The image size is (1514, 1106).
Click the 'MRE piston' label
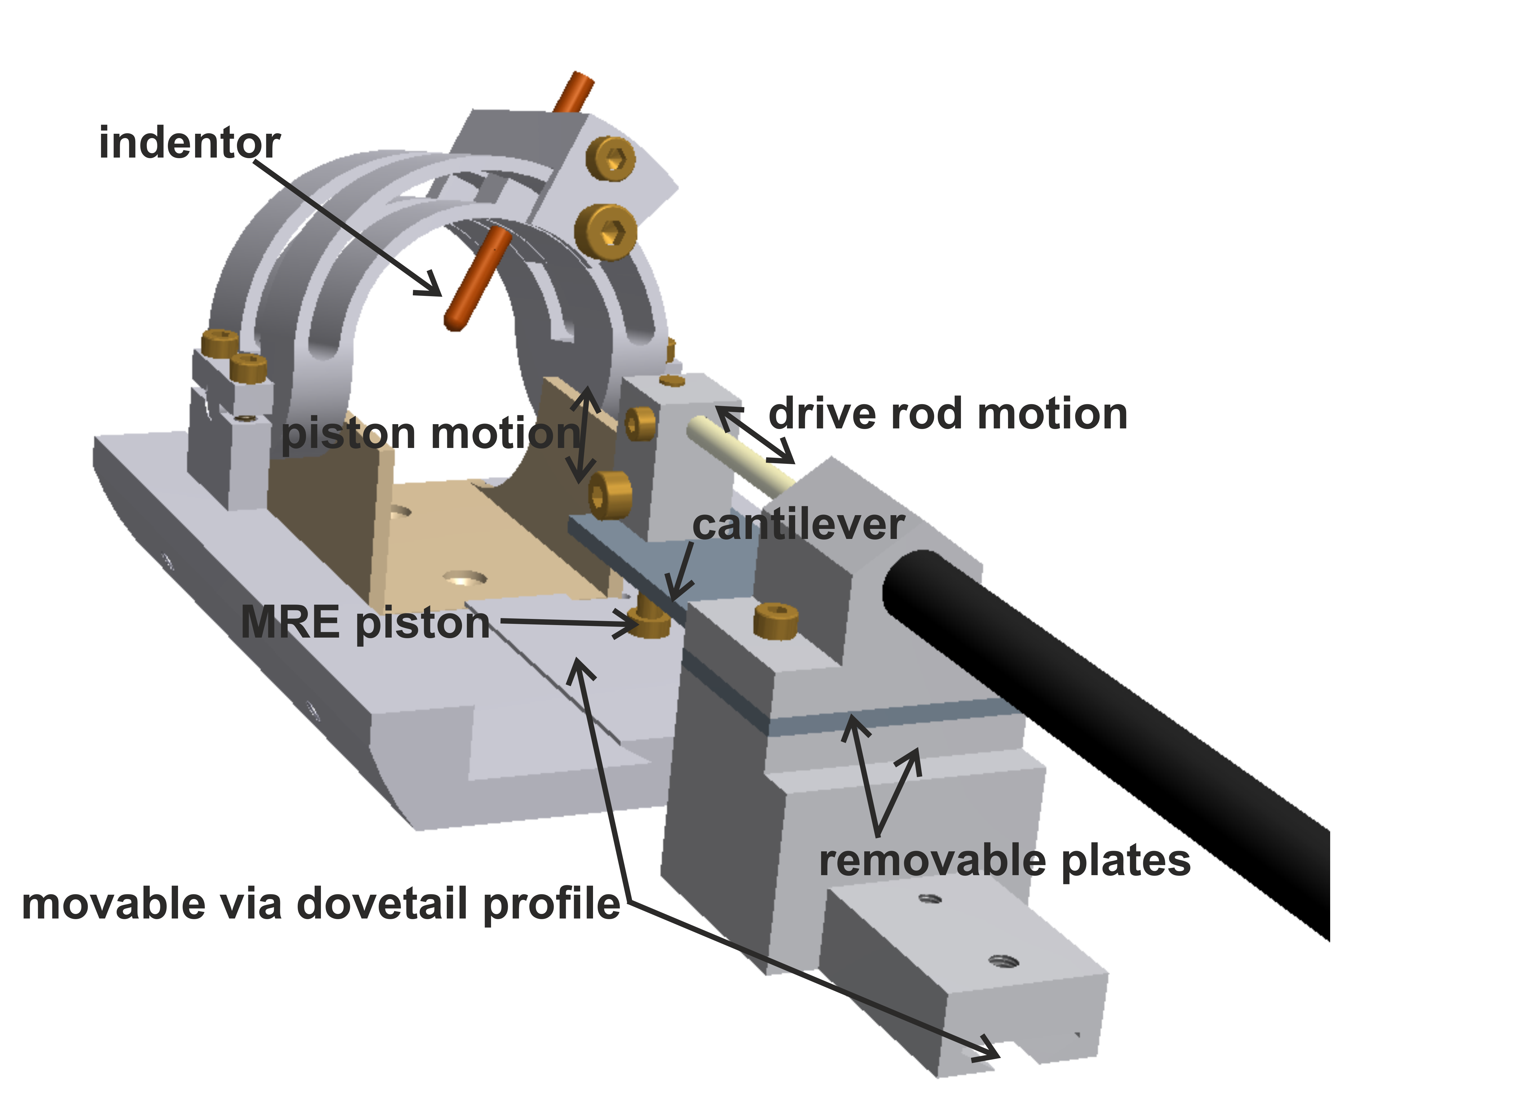point(365,623)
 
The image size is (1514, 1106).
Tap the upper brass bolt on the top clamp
point(610,159)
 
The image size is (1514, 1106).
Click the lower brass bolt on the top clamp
point(606,231)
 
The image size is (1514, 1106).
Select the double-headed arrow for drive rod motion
point(756,435)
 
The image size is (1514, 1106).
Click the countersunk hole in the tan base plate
point(464,577)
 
